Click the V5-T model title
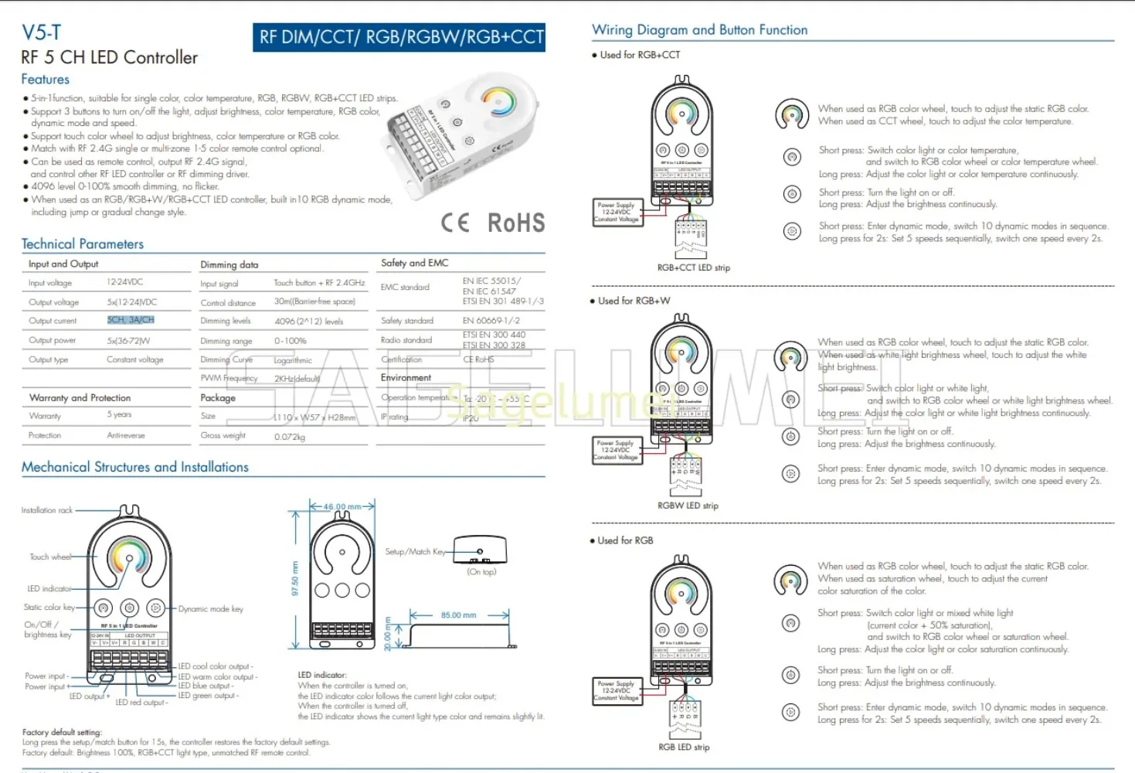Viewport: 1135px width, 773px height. coord(41,32)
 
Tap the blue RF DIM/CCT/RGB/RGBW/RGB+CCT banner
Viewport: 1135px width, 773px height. coord(399,37)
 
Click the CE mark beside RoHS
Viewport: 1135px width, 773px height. coord(455,223)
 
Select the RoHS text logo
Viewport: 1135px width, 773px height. coord(516,223)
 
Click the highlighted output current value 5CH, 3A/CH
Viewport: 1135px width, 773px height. coord(131,320)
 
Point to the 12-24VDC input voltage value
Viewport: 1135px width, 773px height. coord(124,282)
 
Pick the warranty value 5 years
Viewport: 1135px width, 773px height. coord(119,415)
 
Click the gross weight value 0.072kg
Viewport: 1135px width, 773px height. coord(290,437)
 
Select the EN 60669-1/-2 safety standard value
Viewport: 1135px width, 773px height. coord(491,321)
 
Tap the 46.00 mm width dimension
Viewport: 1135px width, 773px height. coord(342,507)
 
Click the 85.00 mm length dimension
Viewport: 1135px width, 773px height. coord(458,615)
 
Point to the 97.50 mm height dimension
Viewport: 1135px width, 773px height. coord(295,578)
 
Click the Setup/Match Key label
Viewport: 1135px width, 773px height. coord(415,552)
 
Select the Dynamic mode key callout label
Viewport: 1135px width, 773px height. coord(210,609)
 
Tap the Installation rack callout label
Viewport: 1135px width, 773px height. coord(47,510)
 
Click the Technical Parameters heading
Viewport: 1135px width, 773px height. coord(83,244)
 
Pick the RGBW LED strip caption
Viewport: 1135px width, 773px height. coord(688,506)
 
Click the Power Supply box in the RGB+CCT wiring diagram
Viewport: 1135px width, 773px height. coord(616,212)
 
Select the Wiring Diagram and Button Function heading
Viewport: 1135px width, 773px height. coord(699,30)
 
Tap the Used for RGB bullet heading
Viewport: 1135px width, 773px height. coord(625,540)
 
